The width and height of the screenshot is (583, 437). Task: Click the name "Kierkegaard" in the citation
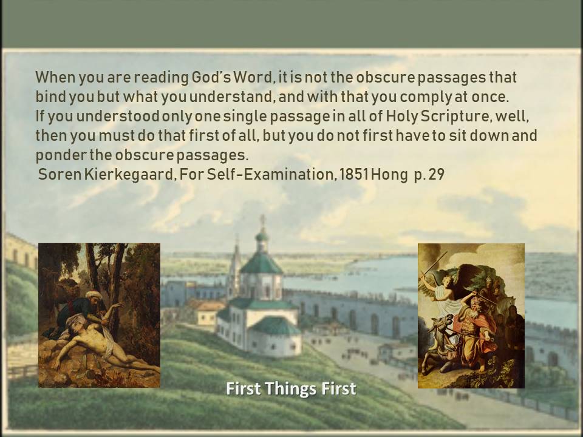click(x=130, y=174)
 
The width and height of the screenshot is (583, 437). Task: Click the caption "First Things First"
click(x=291, y=388)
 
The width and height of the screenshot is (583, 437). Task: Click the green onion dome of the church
click(x=262, y=236)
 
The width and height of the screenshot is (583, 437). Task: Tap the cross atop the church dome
click(x=262, y=219)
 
